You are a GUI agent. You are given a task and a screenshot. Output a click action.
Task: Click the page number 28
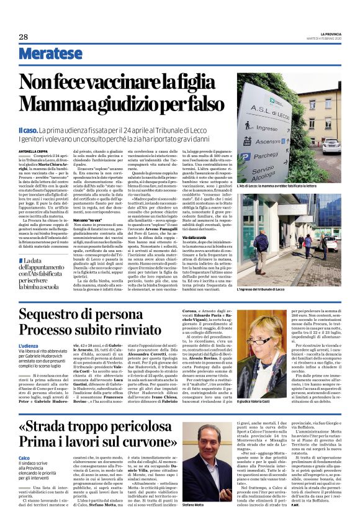coord(24,37)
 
